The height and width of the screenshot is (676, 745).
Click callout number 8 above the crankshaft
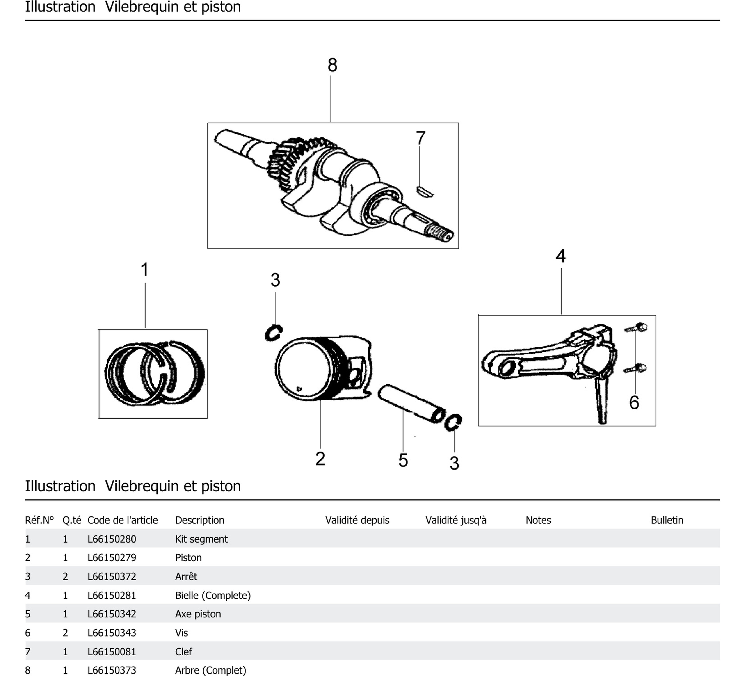[332, 65]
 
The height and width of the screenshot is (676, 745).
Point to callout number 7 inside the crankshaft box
[420, 138]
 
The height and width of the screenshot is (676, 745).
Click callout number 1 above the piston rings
[144, 269]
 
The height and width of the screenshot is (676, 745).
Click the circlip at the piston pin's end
[453, 422]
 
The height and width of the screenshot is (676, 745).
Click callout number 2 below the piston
[320, 459]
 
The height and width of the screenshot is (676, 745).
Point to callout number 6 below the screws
[634, 402]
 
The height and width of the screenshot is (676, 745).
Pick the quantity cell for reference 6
[65, 633]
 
